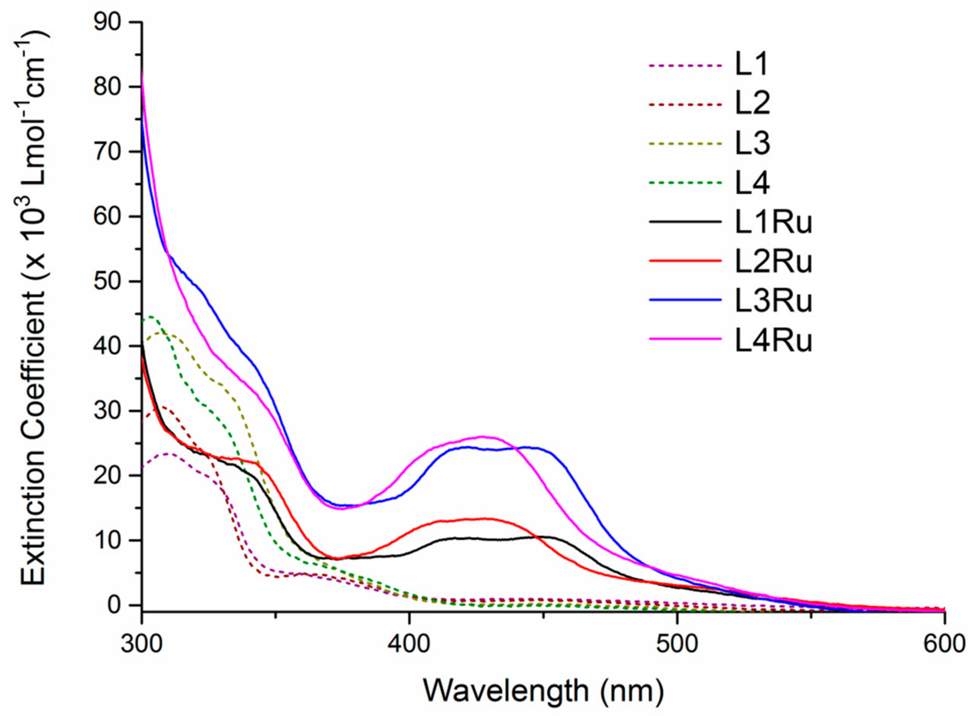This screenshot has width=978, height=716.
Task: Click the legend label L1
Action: [x=751, y=65]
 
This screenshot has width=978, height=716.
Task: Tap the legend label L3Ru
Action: [x=773, y=301]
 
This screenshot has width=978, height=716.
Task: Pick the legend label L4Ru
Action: [x=773, y=341]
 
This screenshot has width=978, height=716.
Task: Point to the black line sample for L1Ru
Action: [x=686, y=222]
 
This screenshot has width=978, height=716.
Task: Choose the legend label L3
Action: [x=752, y=144]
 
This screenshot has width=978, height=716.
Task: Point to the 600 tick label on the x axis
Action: [x=944, y=644]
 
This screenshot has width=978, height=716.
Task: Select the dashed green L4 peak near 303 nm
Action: [x=150, y=317]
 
